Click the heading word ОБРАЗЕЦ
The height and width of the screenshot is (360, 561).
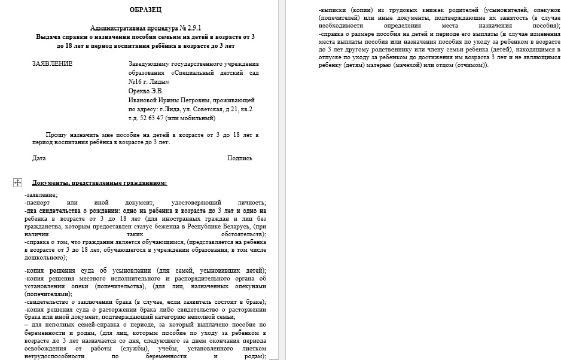[x=145, y=10]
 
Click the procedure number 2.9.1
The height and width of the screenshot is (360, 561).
[x=192, y=28]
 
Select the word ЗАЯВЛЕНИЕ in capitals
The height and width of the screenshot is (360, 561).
[x=53, y=64]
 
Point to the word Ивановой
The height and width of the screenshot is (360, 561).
[x=144, y=100]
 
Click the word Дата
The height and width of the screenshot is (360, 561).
[x=39, y=158]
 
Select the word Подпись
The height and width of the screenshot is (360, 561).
[x=240, y=158]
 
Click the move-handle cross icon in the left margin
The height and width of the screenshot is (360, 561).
[x=17, y=182]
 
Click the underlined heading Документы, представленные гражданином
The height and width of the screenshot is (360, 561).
[x=99, y=183]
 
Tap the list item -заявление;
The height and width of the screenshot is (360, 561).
[x=42, y=196]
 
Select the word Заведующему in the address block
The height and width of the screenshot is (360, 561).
[x=150, y=64]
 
